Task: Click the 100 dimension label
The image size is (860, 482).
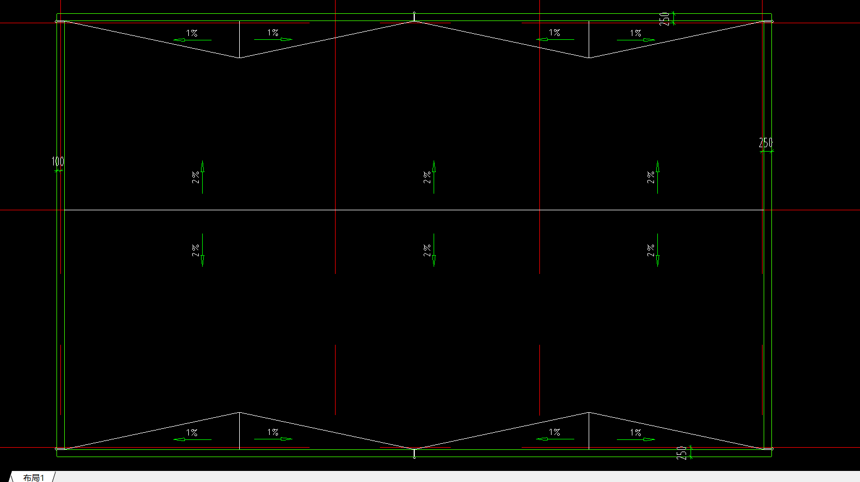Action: pyautogui.click(x=58, y=161)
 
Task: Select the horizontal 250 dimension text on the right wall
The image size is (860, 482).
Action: pyautogui.click(x=765, y=143)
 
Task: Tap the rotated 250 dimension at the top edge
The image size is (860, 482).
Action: pyautogui.click(x=665, y=19)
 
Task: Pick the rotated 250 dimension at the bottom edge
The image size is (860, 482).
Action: pyautogui.click(x=682, y=453)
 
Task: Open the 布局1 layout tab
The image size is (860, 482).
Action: pyautogui.click(x=33, y=478)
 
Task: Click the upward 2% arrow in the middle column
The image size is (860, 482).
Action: pyautogui.click(x=434, y=177)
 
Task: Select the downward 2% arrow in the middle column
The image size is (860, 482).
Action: pyautogui.click(x=434, y=250)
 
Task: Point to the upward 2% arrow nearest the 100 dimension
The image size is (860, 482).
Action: pyautogui.click(x=202, y=177)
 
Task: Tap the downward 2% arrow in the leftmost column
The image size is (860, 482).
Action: pyautogui.click(x=202, y=250)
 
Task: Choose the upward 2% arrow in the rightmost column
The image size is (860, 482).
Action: pyautogui.click(x=658, y=177)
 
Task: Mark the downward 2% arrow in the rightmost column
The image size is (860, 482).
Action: pyautogui.click(x=658, y=250)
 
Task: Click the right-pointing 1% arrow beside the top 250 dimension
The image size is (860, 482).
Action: pyautogui.click(x=636, y=40)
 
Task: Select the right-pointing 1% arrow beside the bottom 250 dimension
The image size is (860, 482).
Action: pyautogui.click(x=636, y=439)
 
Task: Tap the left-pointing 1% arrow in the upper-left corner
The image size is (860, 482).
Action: pyautogui.click(x=192, y=40)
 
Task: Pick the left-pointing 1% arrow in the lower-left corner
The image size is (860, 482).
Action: pyautogui.click(x=192, y=439)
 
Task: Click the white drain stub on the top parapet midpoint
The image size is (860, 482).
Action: pyautogui.click(x=414, y=17)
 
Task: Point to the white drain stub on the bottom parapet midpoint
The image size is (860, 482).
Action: pyautogui.click(x=414, y=453)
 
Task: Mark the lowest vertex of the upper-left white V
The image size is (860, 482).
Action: pyautogui.click(x=240, y=58)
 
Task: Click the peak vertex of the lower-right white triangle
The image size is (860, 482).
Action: pyautogui.click(x=589, y=412)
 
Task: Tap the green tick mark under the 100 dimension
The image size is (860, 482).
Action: pyautogui.click(x=58, y=171)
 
